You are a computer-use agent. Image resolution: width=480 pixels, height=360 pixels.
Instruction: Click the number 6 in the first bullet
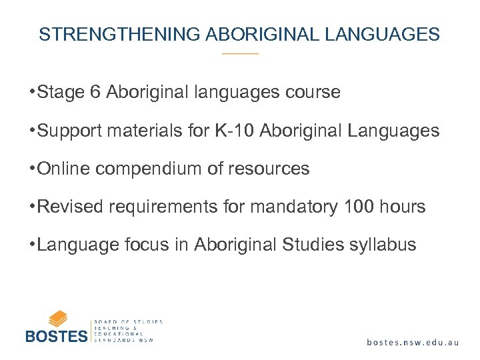(x=93, y=92)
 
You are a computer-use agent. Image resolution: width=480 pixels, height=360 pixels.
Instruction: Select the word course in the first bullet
(x=314, y=92)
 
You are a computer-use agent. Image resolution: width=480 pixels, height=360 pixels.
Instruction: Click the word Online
(x=64, y=169)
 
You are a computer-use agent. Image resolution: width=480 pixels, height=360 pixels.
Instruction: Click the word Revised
(x=69, y=207)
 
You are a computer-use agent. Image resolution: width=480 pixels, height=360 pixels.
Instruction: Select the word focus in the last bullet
(x=143, y=245)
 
